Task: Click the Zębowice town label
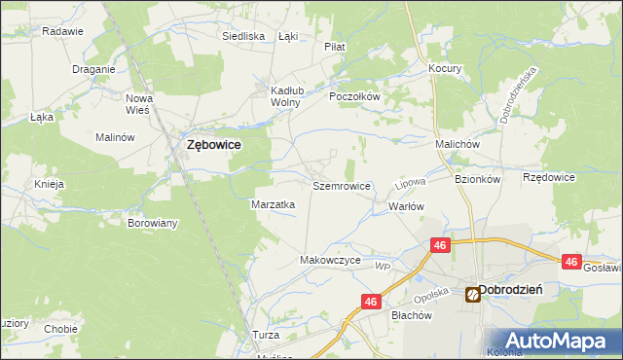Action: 213,144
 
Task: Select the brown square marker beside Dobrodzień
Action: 472,292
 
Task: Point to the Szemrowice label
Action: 341,185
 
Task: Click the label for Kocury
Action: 445,69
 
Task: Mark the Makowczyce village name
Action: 330,261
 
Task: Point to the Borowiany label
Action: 153,223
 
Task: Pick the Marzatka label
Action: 274,204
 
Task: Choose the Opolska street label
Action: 429,295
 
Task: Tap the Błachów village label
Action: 411,315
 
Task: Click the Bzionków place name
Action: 477,179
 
